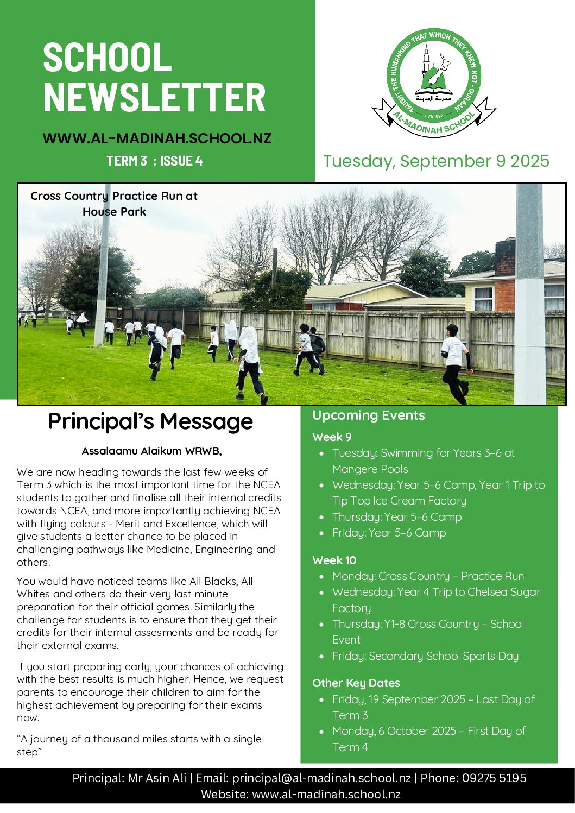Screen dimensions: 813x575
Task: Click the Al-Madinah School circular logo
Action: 434,81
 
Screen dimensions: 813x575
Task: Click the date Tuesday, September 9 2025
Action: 436,161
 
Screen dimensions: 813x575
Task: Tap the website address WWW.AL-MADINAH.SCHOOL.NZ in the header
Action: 157,138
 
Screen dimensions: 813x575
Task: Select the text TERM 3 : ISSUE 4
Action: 155,161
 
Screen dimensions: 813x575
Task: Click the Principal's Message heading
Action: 150,421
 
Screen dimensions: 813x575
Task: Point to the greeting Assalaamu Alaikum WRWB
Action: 151,451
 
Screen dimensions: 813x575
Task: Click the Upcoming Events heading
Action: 368,415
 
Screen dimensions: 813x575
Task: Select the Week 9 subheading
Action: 332,437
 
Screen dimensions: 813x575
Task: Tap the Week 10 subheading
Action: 334,560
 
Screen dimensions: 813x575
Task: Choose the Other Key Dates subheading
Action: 356,683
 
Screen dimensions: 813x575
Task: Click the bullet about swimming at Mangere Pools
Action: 424,461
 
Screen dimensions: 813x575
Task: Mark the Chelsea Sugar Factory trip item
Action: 436,600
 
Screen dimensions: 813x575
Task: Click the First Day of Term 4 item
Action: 428,739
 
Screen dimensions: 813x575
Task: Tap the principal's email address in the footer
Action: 321,778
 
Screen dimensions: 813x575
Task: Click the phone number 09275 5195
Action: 494,778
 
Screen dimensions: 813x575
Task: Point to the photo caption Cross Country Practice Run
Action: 114,204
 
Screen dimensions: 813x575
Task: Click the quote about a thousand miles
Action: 139,745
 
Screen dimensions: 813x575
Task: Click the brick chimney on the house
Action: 505,257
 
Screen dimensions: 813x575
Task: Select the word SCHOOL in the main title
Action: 107,57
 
